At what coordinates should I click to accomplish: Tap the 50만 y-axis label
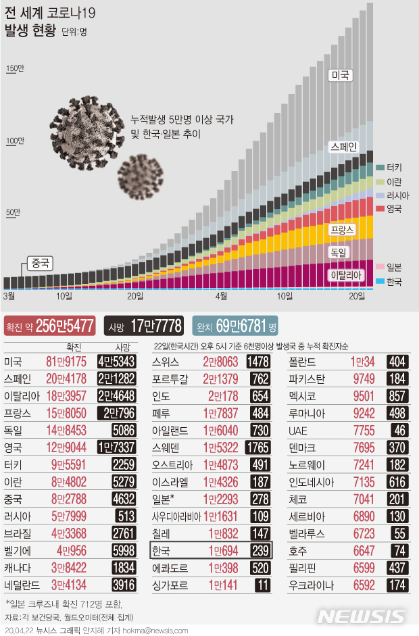(x=13, y=214)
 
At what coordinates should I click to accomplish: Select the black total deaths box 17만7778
(x=144, y=326)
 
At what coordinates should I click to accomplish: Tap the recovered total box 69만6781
(x=236, y=326)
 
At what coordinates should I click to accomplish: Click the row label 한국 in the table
(x=162, y=551)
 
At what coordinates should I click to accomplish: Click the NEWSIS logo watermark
(x=362, y=616)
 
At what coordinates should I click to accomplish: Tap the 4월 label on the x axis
(x=221, y=296)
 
